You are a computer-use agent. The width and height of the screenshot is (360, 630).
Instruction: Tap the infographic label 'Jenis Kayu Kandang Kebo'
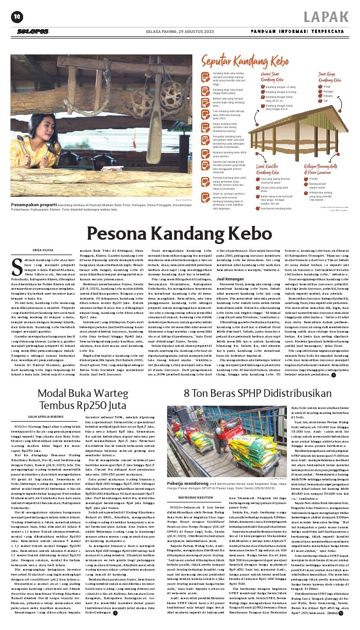[x=328, y=79]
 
